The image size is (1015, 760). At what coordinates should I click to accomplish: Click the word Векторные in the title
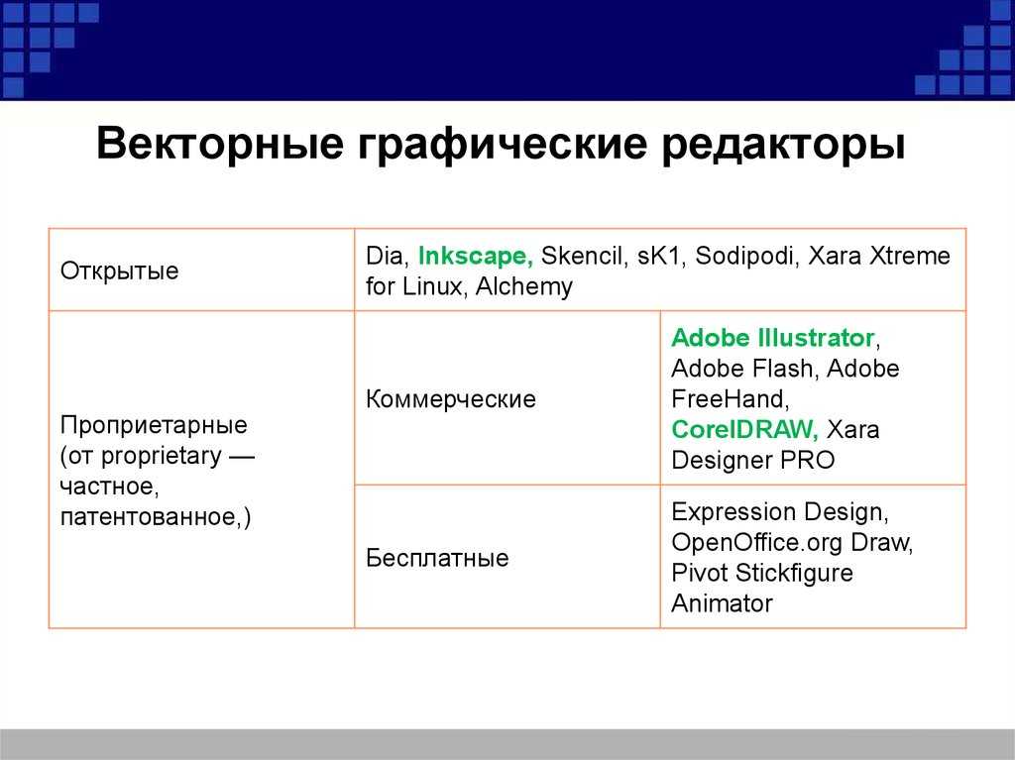click(219, 143)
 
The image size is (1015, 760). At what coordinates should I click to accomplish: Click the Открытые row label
click(119, 271)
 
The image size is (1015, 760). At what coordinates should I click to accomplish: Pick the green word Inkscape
click(476, 256)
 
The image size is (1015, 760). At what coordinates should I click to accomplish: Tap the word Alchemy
click(524, 286)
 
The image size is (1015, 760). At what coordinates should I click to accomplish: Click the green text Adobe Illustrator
click(773, 337)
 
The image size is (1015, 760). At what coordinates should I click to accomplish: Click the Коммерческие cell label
click(451, 398)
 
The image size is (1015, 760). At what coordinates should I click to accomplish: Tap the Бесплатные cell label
click(437, 558)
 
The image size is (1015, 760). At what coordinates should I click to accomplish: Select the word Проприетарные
click(154, 425)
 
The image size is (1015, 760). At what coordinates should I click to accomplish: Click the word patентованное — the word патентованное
click(152, 517)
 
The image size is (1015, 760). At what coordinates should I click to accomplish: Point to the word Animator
click(722, 603)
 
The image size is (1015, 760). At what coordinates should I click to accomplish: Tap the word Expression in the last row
click(733, 512)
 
